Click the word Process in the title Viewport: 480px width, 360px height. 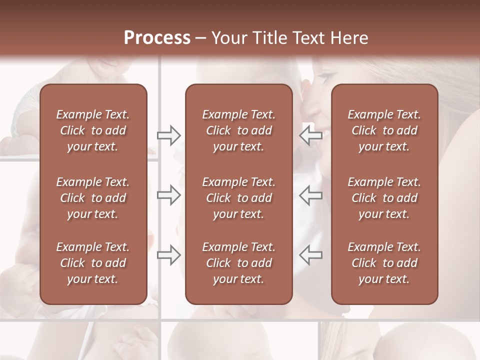coord(157,37)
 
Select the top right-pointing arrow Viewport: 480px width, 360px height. coord(169,135)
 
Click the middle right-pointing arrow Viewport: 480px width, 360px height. coord(169,195)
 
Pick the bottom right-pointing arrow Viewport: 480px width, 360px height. coord(169,254)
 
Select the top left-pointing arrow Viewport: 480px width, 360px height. coord(310,135)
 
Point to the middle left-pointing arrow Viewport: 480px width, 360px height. coord(310,195)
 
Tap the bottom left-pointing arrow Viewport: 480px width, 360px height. coord(310,254)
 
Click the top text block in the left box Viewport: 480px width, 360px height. coord(93,130)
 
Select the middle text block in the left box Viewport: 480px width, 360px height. coord(93,198)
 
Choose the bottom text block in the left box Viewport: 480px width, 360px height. coord(93,263)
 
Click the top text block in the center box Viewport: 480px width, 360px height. coord(238,130)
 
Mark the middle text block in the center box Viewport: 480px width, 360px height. coord(238,198)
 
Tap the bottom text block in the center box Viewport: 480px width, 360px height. coord(238,263)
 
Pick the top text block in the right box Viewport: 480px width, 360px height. coord(384,130)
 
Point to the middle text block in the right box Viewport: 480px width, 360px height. coord(384,198)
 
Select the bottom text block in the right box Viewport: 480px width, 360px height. coord(384,263)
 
